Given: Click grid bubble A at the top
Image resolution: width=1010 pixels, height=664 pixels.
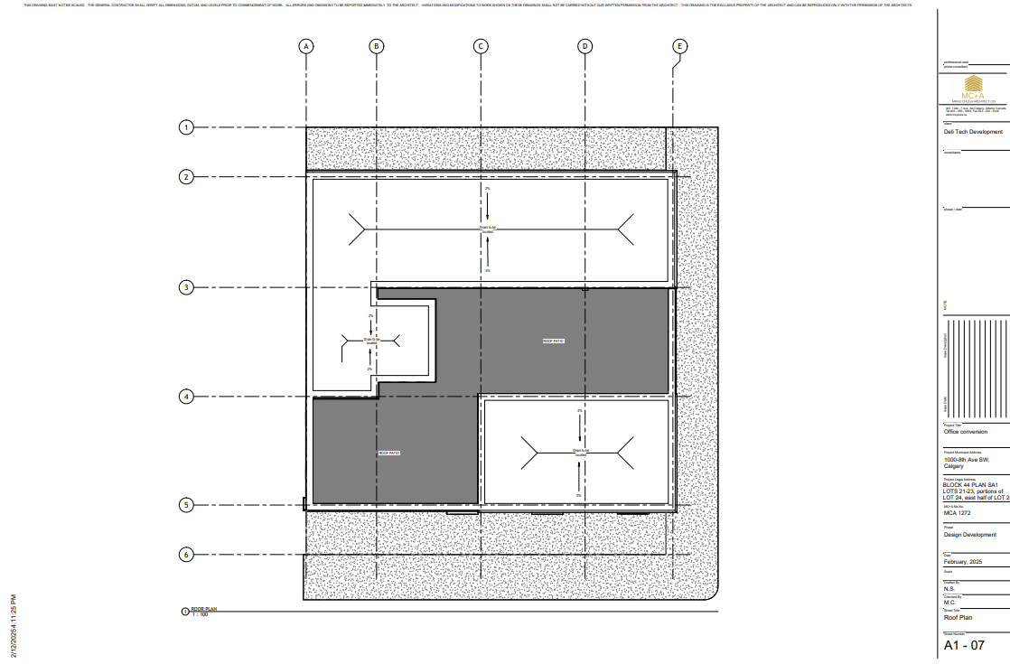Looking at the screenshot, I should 307,46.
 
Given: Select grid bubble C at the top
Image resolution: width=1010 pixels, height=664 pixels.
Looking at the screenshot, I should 481,46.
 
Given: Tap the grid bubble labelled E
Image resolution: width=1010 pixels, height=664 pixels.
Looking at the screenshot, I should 680,46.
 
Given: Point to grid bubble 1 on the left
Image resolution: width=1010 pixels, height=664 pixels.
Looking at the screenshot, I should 186,127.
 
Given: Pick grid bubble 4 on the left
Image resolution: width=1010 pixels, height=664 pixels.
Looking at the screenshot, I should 186,397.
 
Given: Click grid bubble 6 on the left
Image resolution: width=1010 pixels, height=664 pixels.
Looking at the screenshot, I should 186,555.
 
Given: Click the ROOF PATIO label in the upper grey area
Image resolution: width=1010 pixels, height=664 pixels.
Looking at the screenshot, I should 553,341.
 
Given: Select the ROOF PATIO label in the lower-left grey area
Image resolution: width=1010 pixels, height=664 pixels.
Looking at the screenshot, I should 388,453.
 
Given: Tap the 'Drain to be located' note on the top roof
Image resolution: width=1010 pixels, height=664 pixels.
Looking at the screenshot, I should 488,229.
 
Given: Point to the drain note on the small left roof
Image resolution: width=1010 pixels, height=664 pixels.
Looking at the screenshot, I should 370,341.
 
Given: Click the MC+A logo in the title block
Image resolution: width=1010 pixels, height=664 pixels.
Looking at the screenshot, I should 973,95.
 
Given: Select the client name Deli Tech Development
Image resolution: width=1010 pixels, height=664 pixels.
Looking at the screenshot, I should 973,132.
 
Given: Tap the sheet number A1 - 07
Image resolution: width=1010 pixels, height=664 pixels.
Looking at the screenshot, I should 963,646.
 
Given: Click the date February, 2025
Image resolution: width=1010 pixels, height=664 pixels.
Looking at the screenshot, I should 962,562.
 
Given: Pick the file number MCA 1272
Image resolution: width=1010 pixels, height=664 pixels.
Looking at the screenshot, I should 957,513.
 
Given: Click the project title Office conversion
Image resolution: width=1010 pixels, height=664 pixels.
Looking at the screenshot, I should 965,432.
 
